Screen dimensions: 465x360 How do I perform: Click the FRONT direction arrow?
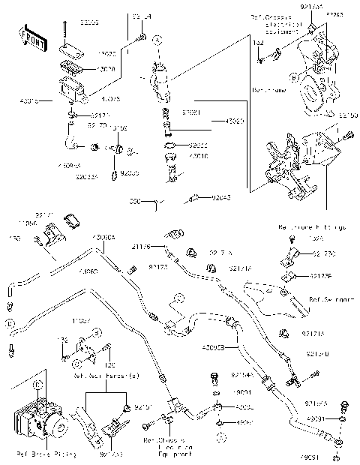pos(29,35)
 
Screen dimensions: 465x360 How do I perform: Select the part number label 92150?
pos(348,115)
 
